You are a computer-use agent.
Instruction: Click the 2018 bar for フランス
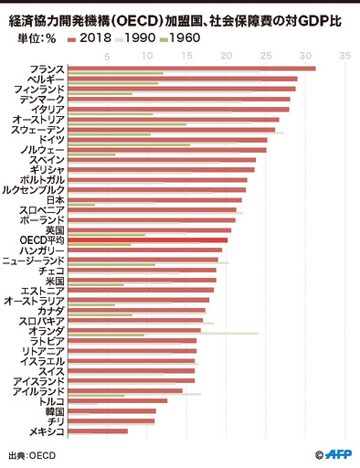coord(192,69)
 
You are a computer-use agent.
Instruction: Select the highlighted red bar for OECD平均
coord(147,239)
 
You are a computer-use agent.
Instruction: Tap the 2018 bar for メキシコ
coord(98,431)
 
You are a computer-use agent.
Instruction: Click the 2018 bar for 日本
coord(154,199)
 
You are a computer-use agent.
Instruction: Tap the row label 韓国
coord(54,410)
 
